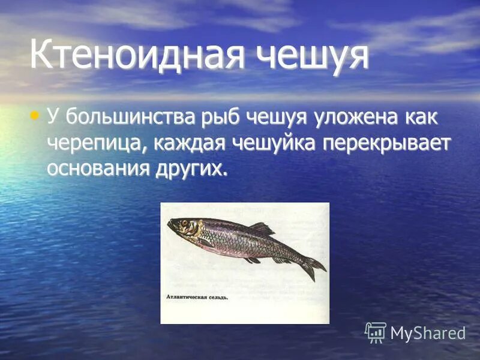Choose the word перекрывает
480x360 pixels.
coord(394,143)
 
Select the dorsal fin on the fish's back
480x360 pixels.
coord(262,229)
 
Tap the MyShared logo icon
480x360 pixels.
coord(376,332)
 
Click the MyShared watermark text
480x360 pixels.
coord(428,333)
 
